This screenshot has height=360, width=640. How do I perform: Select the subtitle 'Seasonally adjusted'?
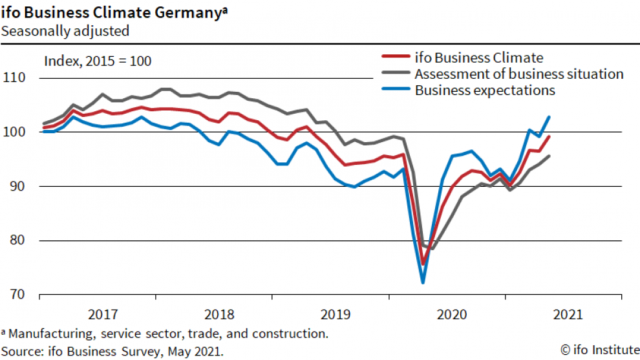coord(65,30)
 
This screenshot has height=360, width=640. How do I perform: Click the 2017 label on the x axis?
coord(103,315)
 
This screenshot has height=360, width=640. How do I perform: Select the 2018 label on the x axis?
coord(220,315)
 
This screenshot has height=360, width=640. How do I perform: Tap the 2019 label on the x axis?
coord(336,315)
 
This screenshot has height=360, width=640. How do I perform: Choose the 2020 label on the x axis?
coord(453,315)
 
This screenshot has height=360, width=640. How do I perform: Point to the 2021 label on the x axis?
coord(569,315)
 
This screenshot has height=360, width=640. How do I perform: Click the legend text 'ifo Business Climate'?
coord(479,58)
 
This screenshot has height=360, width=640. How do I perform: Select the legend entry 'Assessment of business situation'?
coord(519,74)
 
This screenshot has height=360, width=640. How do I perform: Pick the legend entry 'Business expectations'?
coord(485,90)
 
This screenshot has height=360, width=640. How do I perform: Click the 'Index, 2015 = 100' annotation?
coord(98,61)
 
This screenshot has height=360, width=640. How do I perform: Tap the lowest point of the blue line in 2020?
coord(423,282)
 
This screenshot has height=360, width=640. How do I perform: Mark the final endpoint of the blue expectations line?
coord(549,117)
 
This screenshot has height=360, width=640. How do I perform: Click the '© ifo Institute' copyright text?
coord(599,350)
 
